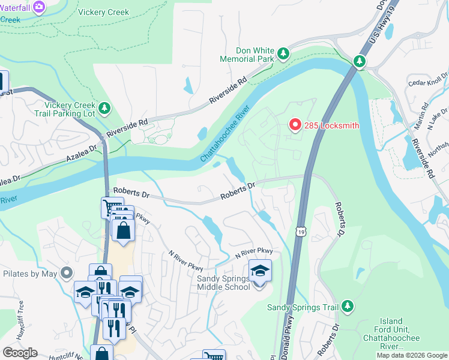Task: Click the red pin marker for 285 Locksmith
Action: pyautogui.click(x=295, y=124)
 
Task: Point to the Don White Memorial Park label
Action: pyautogui.click(x=247, y=55)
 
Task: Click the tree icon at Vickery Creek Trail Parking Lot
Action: pyautogui.click(x=105, y=107)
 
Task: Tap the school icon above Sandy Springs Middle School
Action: pyautogui.click(x=260, y=271)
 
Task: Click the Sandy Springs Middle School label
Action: pyautogui.click(x=223, y=283)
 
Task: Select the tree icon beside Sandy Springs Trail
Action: pyautogui.click(x=347, y=307)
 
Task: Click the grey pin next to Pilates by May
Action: pyautogui.click(x=67, y=274)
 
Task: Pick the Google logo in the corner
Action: pyautogui.click(x=20, y=353)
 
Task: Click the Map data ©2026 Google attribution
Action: pyautogui.click(x=412, y=355)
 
